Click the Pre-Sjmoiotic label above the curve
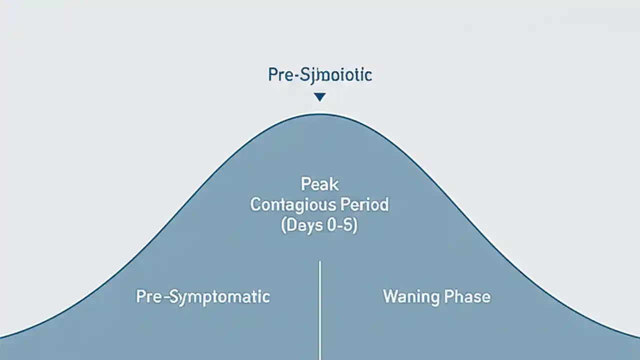pos(320,75)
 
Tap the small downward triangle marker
pos(320,97)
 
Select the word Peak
pos(320,184)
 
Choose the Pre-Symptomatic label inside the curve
pos(203,297)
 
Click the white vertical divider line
pos(319,310)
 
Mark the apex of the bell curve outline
pos(320,114)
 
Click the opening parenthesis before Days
pos(284,226)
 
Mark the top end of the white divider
pos(319,261)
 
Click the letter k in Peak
pos(334,184)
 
